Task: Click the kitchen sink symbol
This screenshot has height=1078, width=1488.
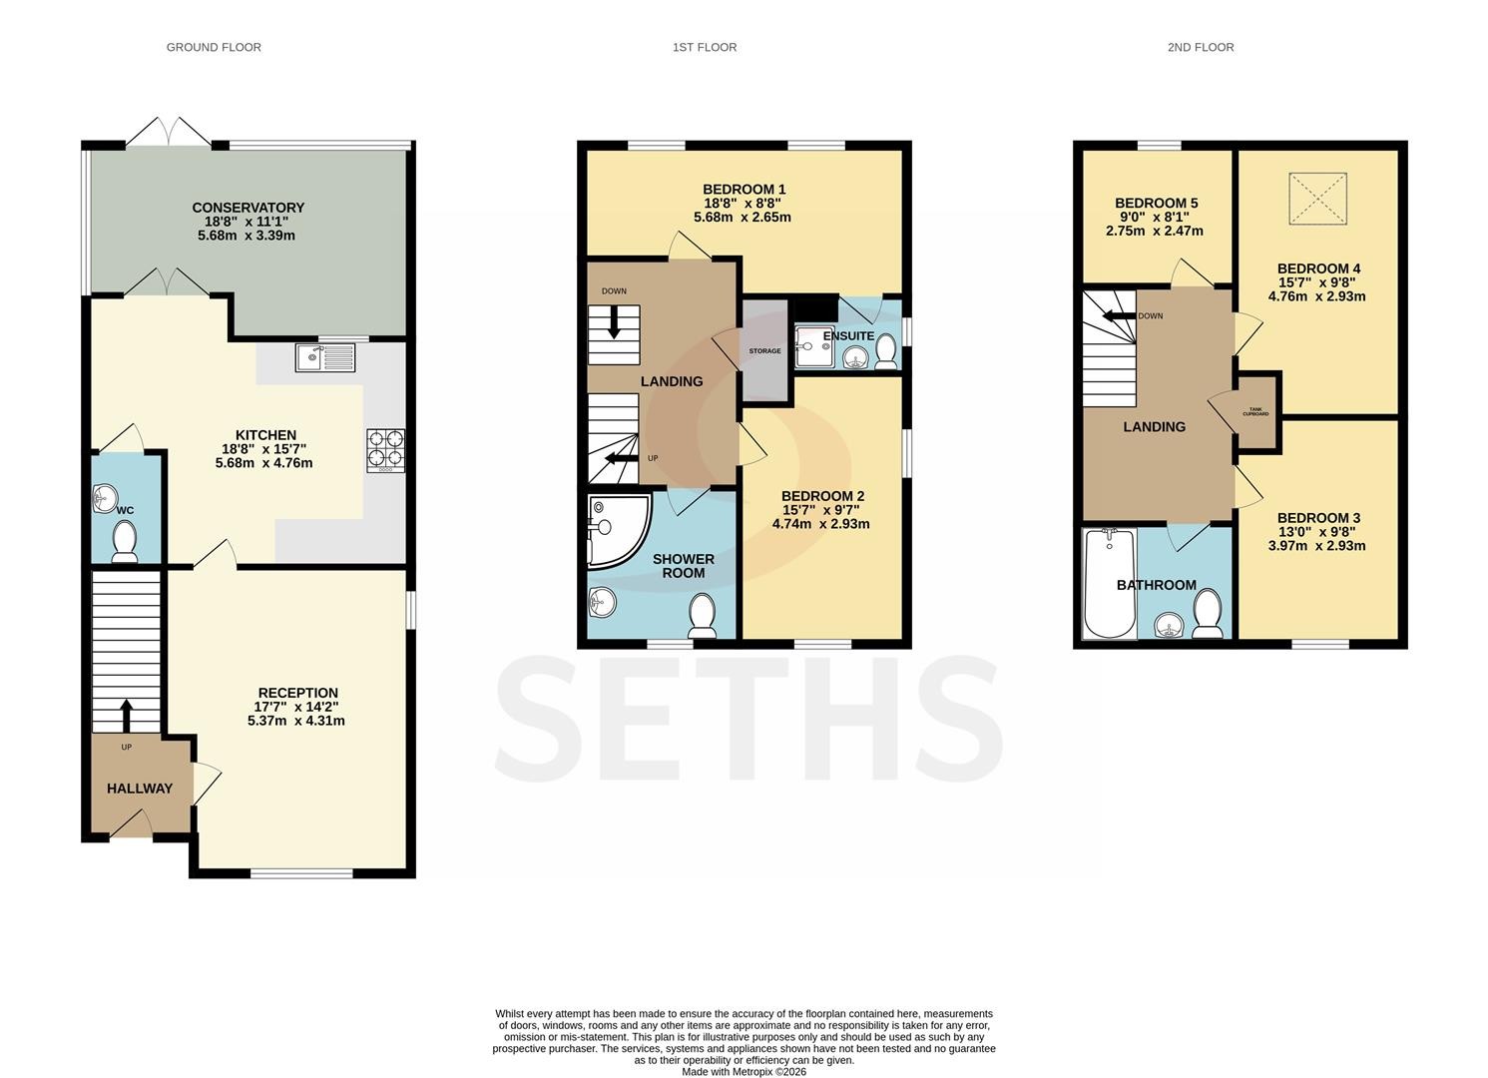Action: pos(325,358)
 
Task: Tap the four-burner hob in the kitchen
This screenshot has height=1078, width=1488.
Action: pos(385,451)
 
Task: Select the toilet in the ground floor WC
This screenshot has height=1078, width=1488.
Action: pos(124,541)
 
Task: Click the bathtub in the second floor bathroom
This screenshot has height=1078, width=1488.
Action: pos(1110,584)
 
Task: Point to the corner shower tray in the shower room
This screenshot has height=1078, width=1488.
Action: pos(615,530)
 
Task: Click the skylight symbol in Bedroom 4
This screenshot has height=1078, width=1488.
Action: pos(1318,198)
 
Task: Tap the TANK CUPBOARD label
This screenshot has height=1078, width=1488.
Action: pos(1255,412)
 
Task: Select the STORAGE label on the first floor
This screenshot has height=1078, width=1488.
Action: pos(764,350)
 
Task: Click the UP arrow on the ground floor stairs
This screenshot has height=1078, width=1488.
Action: pos(126,715)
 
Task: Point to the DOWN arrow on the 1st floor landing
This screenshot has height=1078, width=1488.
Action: pos(614,321)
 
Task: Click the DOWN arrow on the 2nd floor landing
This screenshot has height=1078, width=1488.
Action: pos(1119,315)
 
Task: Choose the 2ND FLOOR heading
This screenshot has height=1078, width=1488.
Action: pos(1201,47)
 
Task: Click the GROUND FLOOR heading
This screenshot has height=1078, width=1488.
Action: pos(214,47)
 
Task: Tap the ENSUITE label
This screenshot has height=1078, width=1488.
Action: pos(848,336)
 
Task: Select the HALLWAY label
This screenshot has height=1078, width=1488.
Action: pos(140,789)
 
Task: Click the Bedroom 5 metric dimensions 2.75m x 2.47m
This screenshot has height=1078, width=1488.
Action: pos(1155,232)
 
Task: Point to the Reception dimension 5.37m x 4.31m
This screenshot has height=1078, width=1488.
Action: pos(296,721)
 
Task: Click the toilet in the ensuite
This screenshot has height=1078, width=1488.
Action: pos(885,351)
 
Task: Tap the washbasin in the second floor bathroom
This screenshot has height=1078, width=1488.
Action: pos(1170,625)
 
